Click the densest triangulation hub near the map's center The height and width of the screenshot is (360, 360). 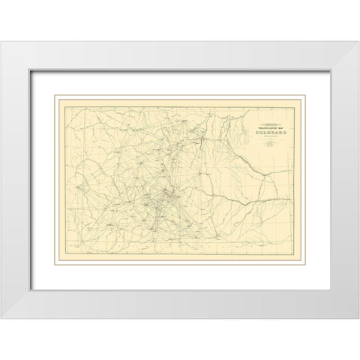click(x=166, y=195)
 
